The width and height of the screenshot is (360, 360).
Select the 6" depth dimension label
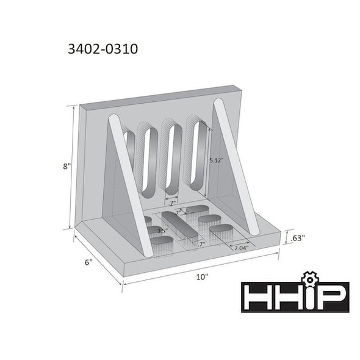(88, 262)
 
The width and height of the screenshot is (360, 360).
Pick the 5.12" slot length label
(216, 160)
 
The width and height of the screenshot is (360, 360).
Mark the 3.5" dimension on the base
(162, 231)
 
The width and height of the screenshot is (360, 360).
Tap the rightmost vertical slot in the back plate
(196, 153)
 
